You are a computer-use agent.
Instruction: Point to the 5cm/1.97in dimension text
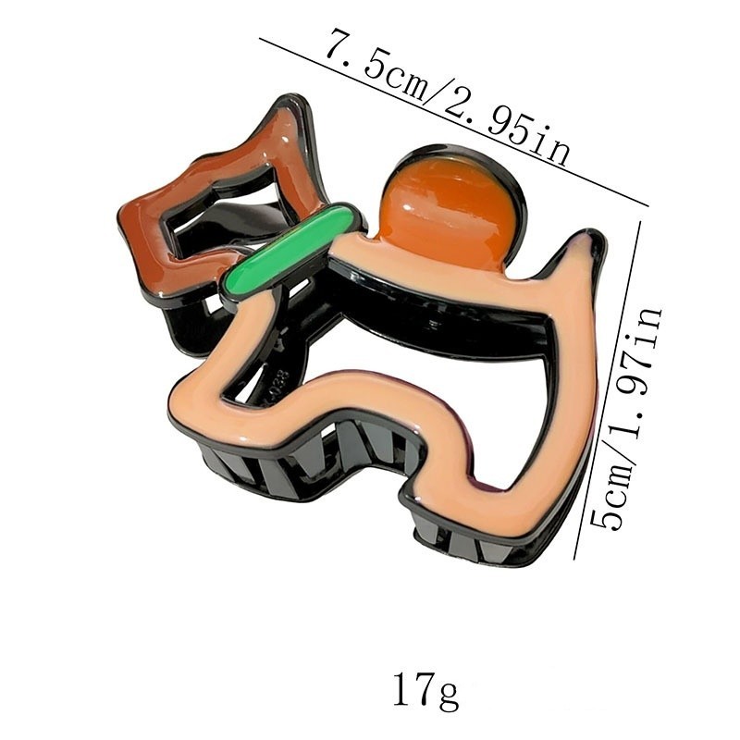[x=627, y=418]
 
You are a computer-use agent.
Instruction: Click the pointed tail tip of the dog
[x=592, y=235]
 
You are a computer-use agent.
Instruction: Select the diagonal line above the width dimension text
[x=454, y=122]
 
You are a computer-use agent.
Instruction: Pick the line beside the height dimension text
[x=608, y=389]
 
